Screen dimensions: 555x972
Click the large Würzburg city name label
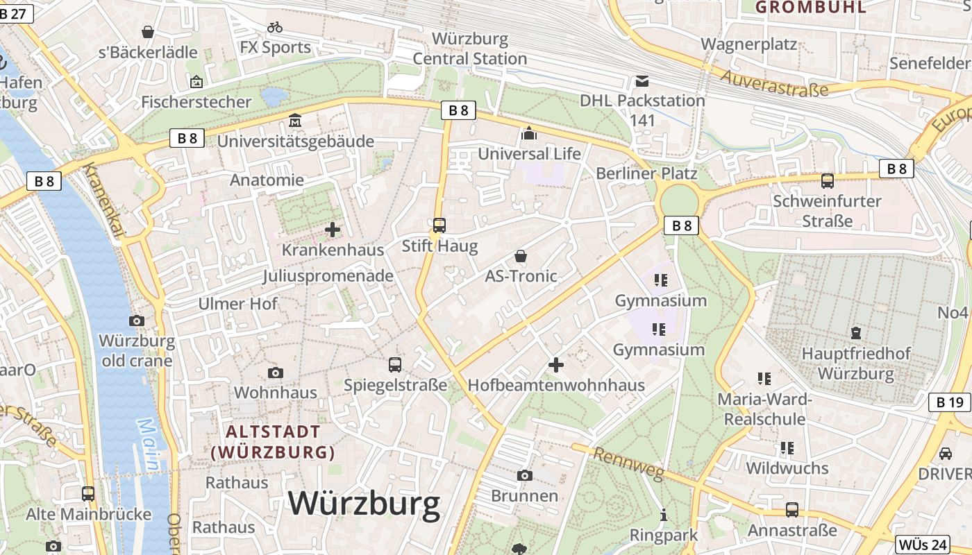(364, 504)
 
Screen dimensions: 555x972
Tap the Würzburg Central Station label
(470, 49)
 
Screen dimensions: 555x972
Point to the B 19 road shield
(949, 402)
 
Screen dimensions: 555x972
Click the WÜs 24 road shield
(923, 545)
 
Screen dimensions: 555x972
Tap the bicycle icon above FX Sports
(275, 27)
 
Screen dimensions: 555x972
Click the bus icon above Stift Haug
(439, 225)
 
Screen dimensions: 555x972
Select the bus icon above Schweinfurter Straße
(827, 181)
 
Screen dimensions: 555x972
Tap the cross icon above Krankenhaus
(333, 230)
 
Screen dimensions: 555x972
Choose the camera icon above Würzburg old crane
(137, 321)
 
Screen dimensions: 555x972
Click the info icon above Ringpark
(664, 515)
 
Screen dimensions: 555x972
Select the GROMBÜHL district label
(811, 8)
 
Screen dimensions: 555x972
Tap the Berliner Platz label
(646, 173)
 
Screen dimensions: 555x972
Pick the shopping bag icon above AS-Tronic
(521, 256)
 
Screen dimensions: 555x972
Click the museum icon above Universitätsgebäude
(296, 121)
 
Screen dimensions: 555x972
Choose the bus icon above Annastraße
(792, 510)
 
